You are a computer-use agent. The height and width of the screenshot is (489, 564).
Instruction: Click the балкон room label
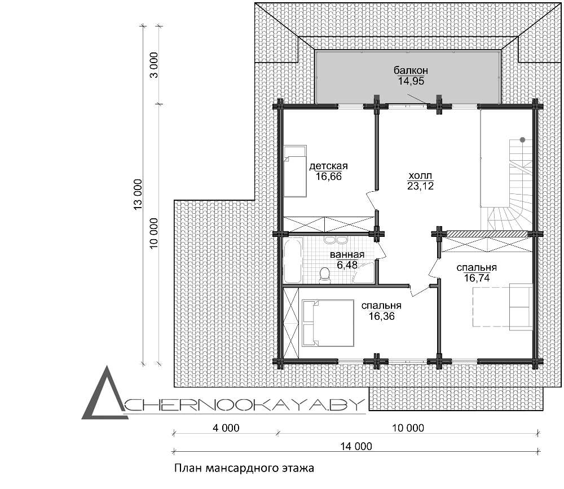411,70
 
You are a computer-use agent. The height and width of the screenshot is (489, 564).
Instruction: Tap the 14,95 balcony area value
411,81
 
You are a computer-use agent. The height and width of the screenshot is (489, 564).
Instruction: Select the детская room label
328,166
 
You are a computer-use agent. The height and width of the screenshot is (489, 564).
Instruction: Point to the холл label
420,176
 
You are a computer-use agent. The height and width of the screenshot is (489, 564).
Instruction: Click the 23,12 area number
420,186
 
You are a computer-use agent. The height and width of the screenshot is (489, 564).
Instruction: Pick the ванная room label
347,255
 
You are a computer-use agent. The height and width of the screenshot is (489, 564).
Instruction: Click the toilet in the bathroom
325,275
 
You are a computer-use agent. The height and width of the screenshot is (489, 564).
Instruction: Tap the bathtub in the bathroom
292,261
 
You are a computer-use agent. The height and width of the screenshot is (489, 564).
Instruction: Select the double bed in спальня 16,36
328,323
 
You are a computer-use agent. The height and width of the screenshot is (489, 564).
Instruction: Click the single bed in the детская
294,171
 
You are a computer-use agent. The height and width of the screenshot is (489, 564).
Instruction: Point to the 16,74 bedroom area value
477,278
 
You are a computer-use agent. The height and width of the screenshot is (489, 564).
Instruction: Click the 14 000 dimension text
356,447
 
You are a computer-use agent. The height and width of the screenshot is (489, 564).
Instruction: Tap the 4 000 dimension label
226,428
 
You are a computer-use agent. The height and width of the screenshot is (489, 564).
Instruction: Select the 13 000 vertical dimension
138,195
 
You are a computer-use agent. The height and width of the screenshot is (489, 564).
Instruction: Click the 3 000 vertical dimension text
154,65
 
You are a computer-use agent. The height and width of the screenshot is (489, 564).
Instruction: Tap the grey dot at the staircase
522,140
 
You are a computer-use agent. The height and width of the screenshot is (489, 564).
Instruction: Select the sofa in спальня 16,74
521,307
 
